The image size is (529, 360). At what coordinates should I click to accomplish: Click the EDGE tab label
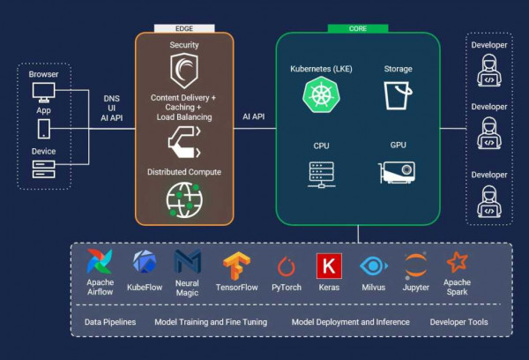[x=184, y=29]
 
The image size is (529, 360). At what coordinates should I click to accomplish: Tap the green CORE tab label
[x=357, y=28]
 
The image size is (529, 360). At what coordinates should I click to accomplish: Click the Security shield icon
[x=183, y=69]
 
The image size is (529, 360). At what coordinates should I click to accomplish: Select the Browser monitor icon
[x=43, y=91]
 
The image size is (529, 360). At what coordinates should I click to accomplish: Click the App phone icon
[x=43, y=129]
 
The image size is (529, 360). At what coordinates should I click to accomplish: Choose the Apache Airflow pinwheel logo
[x=100, y=262]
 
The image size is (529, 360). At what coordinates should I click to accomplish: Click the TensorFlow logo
[x=235, y=265]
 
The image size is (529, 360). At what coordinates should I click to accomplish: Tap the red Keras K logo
[x=328, y=266]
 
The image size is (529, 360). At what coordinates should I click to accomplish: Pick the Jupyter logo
[x=416, y=265]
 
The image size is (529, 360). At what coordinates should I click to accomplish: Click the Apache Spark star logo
[x=457, y=262]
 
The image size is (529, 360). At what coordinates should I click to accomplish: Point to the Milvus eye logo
[x=373, y=266]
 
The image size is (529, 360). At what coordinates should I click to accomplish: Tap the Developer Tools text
[x=458, y=322]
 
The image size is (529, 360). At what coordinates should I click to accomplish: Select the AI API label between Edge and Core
[x=254, y=116]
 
